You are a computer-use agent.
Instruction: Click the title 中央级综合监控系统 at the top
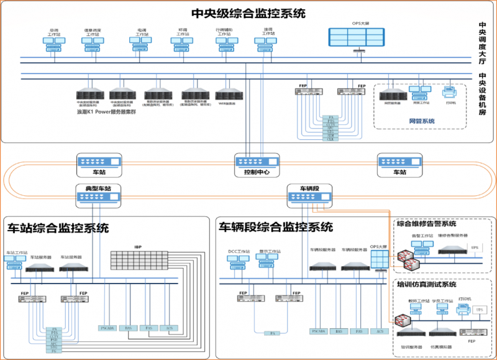pos(248,13)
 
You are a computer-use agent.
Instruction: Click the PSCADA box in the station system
pos(107,328)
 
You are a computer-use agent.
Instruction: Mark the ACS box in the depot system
pos(378,331)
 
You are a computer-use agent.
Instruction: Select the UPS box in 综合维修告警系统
pos(475,248)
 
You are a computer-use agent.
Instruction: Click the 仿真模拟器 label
pos(441,346)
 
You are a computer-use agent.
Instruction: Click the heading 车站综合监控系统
pos(58,228)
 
